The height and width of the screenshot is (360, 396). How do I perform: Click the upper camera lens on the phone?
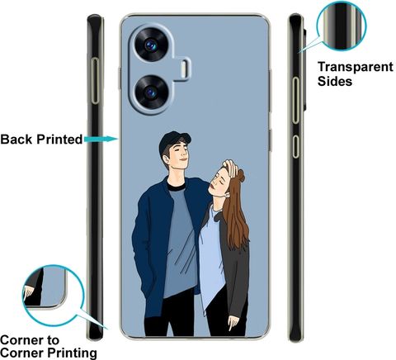pos(151,45)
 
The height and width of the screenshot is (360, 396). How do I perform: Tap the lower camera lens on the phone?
pos(151,92)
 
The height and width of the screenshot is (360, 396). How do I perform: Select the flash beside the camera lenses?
pos(183,68)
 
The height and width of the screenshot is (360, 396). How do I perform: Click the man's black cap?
pos(174,141)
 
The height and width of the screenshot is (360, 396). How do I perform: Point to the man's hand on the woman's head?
pos(230,168)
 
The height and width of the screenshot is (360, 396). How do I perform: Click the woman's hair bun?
pos(240,175)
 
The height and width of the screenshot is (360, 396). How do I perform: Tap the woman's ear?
pos(227,195)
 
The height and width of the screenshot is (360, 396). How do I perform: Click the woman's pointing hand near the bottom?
pos(233,323)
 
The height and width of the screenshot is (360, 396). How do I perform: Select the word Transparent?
pos(356,67)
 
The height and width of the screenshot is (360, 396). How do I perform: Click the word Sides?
pos(335,81)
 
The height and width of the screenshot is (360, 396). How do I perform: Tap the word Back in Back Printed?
pos(16,139)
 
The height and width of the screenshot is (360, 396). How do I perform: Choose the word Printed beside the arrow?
pos(59,139)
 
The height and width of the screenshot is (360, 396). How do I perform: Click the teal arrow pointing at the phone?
pos(101,139)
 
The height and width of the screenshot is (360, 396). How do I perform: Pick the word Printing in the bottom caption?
pos(72,353)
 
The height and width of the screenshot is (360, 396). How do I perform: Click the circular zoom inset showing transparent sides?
pos(342,26)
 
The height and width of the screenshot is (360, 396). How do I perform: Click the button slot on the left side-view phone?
pos(95,81)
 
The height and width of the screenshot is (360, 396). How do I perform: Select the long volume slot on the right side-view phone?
pos(296,100)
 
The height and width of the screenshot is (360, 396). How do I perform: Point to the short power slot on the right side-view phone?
pos(296,146)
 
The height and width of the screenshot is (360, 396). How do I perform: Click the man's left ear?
pos(166,159)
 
